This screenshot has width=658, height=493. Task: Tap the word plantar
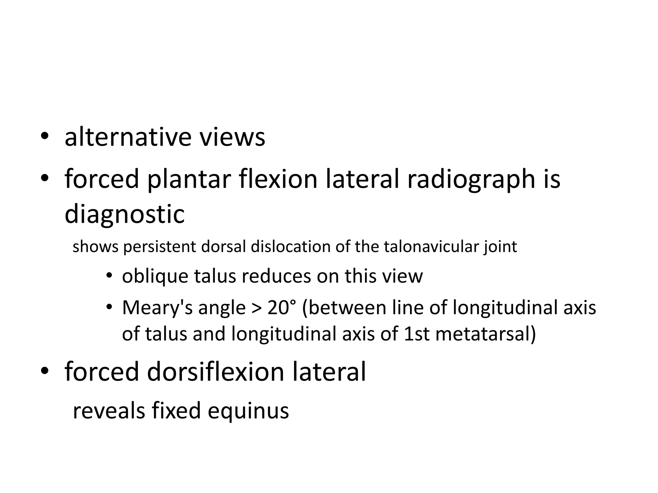pos(189,179)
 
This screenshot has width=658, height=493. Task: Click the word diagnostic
pos(125,214)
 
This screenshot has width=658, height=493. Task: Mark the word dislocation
pos(291,247)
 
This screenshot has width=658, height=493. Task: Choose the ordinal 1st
pos(416,334)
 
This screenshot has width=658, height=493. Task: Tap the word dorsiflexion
pos(216,372)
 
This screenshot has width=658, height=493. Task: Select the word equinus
pos(248,411)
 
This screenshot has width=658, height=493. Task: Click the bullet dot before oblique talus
pos(109,276)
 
